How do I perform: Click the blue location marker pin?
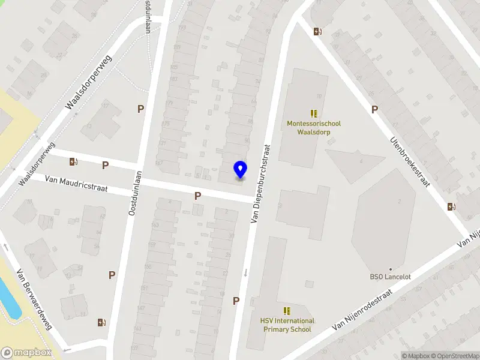(x=240, y=170)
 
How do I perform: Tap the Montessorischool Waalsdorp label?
(x=314, y=128)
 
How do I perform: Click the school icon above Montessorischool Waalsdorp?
(x=314, y=113)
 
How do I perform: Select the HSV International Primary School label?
(x=287, y=325)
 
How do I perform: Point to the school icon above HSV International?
(x=287, y=310)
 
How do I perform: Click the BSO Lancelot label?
(x=390, y=277)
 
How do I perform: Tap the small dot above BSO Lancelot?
(x=390, y=269)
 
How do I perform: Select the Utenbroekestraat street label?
(x=411, y=161)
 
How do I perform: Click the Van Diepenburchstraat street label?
(x=260, y=184)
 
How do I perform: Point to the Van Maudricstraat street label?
(x=76, y=184)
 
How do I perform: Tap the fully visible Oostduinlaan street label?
(x=134, y=193)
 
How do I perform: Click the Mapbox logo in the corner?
(x=26, y=353)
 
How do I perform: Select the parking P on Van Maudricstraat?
(x=197, y=196)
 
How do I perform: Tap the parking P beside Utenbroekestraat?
(x=375, y=109)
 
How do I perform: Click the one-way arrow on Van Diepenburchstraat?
(x=246, y=273)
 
